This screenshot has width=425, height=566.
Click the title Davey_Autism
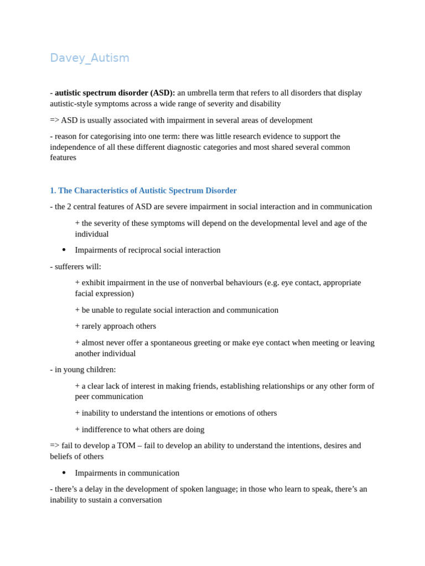click(90, 58)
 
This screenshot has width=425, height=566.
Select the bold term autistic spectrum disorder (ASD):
click(115, 93)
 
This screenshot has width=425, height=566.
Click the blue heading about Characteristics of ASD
click(143, 191)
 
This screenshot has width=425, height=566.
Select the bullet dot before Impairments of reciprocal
click(64, 250)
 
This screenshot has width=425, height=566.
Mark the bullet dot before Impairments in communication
click(64, 473)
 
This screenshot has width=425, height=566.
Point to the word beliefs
click(62, 457)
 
